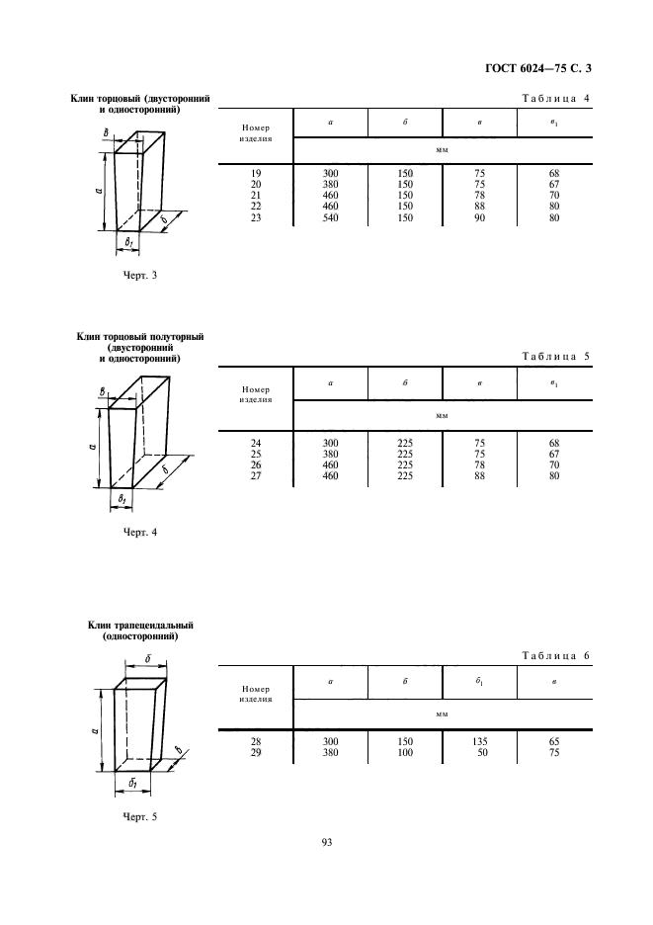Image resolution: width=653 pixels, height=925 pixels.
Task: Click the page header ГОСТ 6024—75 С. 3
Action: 537,68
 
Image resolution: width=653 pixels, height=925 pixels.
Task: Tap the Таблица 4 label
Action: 555,99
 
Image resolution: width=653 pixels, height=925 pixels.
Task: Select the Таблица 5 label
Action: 555,357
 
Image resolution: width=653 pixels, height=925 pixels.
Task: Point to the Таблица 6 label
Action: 555,655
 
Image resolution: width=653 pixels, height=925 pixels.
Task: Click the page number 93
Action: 327,842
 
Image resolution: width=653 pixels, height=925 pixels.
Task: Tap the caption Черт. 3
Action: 140,275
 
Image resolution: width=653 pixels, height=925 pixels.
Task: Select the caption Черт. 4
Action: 140,532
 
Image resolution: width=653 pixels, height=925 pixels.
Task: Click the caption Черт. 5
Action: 140,817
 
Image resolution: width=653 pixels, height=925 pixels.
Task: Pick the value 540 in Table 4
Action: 330,217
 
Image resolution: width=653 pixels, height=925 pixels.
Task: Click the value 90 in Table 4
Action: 479,217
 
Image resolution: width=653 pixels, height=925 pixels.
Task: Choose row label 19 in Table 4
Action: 256,174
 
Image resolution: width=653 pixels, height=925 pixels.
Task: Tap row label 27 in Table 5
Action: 256,475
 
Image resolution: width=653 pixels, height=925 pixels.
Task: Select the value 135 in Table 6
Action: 479,741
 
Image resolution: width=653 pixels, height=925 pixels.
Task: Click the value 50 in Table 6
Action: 482,753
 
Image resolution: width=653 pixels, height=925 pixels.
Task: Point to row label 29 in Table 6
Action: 256,753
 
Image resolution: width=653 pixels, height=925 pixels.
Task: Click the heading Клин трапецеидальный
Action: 140,626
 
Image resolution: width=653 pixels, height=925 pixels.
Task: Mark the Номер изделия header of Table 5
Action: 256,394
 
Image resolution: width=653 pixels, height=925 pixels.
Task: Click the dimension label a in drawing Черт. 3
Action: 99,191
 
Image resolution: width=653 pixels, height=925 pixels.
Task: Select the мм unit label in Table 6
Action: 442,715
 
